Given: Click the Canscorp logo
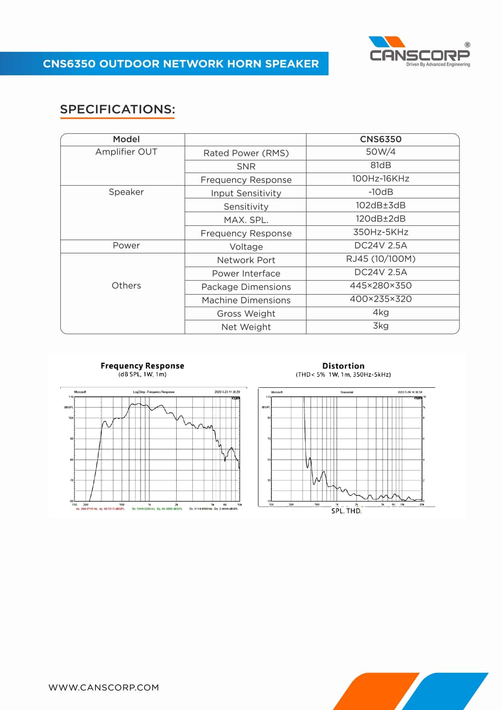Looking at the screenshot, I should [x=419, y=52].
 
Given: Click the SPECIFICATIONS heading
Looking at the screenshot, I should [x=117, y=109].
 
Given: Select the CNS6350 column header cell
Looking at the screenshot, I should [x=381, y=139].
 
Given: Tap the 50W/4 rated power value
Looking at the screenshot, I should [x=381, y=152].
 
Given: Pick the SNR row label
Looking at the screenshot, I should [x=246, y=166].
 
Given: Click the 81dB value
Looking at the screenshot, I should [x=381, y=165].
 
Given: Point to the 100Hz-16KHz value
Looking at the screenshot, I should [x=381, y=179].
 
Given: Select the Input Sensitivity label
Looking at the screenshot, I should [x=246, y=193].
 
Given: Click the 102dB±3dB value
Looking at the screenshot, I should [x=381, y=205].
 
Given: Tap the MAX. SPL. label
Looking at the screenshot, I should [x=246, y=220].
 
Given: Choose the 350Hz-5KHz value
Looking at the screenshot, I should [x=381, y=232].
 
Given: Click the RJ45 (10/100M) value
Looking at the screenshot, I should [x=381, y=259].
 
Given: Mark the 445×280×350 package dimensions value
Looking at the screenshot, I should [x=381, y=285].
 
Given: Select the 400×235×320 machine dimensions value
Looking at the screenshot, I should [x=381, y=299].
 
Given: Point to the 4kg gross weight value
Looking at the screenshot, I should [x=381, y=312].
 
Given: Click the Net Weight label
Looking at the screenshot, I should [x=246, y=327].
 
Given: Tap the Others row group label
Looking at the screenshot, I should [x=126, y=285].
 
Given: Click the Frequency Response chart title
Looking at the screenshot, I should [x=142, y=366].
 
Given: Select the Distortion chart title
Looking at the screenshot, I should [x=343, y=366].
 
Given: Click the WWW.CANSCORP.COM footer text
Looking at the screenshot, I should [x=104, y=687].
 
